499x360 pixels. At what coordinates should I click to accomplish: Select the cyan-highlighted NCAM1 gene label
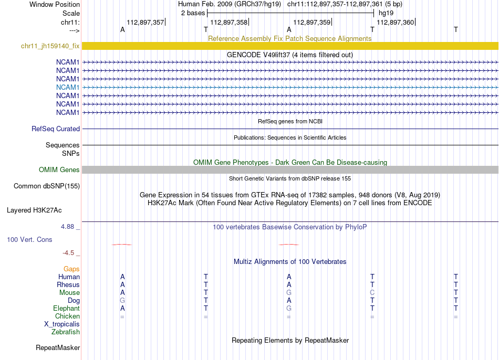(x=68, y=87)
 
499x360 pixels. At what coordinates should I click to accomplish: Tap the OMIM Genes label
(x=59, y=170)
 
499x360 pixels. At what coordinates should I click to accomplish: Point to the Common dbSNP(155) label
(x=47, y=186)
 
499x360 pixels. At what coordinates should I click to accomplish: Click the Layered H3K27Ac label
(x=34, y=210)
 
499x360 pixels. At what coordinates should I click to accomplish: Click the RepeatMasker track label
(x=58, y=347)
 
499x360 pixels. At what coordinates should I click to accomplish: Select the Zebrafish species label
(x=66, y=332)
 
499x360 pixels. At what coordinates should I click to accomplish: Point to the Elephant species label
(x=66, y=308)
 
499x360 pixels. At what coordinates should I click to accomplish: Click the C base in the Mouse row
(x=372, y=292)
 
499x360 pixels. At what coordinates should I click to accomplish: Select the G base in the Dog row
(x=122, y=300)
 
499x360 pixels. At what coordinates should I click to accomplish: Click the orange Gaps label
(x=71, y=269)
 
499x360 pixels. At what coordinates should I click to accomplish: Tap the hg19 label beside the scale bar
(x=386, y=13)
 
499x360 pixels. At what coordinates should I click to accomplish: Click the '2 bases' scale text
(x=192, y=13)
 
